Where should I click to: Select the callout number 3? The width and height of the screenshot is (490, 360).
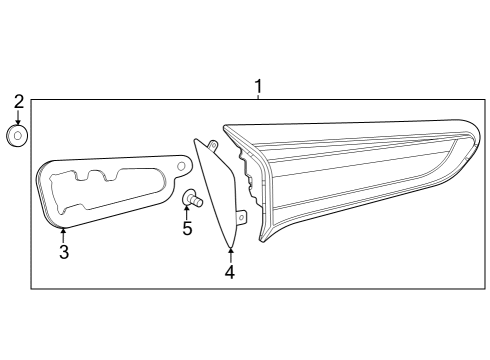tap(63, 252)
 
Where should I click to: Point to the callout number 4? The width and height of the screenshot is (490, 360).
tap(229, 272)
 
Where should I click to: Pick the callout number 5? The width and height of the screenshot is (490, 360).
tap(187, 229)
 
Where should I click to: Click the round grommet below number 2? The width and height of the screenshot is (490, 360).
tap(17, 135)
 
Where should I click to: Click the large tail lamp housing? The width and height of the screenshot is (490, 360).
tap(350, 175)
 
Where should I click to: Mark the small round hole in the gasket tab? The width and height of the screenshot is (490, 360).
tap(181, 163)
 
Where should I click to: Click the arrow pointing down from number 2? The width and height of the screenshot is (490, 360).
tap(17, 117)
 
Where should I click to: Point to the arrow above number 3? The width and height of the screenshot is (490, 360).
tap(62, 235)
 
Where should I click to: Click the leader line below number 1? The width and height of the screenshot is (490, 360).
tap(259, 96)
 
